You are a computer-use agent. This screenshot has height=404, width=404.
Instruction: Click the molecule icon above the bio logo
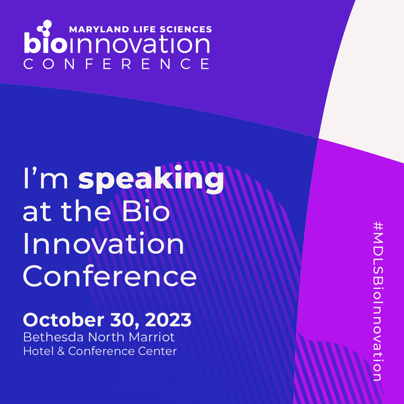pos(45,28)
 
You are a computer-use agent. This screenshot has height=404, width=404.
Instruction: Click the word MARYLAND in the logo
pos(99,30)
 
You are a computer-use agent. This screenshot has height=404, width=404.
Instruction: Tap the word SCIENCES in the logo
pos(186,30)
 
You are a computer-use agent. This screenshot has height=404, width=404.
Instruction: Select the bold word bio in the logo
pos(46,43)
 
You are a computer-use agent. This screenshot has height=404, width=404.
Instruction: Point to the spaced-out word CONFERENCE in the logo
pos(116,64)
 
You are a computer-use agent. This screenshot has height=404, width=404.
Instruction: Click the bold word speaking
pos(151,180)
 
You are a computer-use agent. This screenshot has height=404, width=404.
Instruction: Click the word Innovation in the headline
pos(104,243)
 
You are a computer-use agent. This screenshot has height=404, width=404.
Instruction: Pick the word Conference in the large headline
pos(110,276)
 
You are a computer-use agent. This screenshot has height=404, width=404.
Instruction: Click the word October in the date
pos(64,320)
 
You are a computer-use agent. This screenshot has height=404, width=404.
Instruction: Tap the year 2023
pos(168,320)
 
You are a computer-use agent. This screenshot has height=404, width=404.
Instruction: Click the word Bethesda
pos(53,337)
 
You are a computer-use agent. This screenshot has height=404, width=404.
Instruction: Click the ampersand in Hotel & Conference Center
pos(61,351)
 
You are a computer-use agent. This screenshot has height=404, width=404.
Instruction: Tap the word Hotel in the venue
pos(39,351)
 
